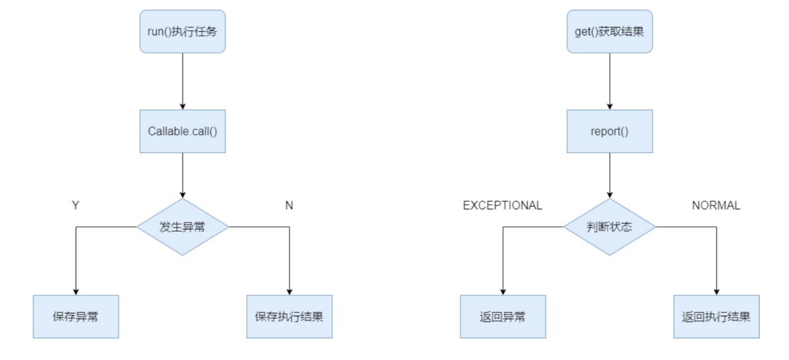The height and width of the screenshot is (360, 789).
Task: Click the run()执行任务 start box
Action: [x=182, y=31]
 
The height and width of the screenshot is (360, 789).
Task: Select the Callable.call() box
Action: [x=182, y=131]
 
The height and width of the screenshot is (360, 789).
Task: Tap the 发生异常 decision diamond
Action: [x=182, y=227]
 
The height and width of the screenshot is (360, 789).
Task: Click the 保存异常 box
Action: [x=76, y=316]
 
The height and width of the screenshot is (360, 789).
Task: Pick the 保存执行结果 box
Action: [x=289, y=316]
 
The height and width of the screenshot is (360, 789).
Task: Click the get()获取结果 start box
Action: [x=609, y=31]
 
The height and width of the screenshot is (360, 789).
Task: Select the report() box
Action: [x=609, y=131]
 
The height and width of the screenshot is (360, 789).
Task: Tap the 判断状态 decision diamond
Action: [x=609, y=227]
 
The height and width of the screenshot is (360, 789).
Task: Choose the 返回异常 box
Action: [x=502, y=316]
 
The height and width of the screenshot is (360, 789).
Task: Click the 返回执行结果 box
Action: [x=716, y=316]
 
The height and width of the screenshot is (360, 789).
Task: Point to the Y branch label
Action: [x=76, y=205]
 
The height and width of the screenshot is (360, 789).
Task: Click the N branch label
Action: [x=289, y=205]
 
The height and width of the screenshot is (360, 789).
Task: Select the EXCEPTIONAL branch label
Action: [x=502, y=205]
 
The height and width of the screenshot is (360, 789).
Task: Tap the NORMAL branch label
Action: [x=716, y=205]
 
